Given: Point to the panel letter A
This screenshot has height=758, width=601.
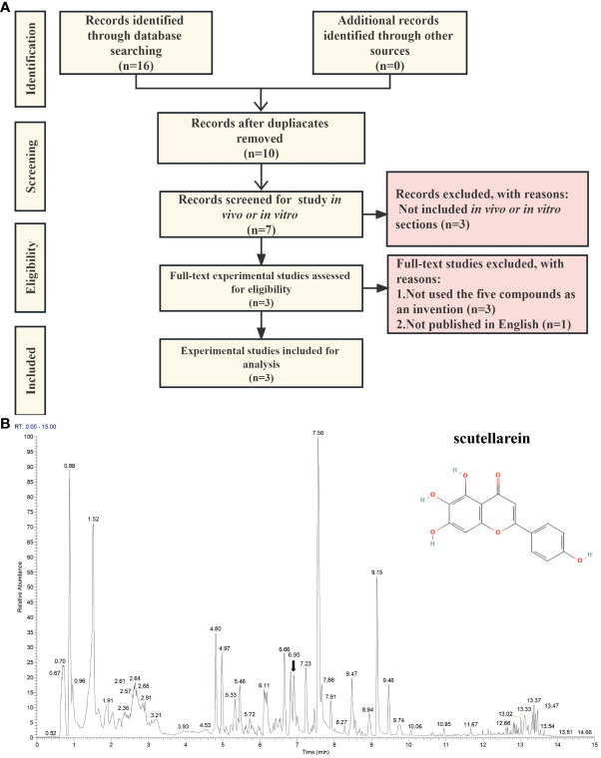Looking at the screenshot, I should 8,8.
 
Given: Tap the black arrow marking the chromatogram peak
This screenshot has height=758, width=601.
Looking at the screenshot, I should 294,665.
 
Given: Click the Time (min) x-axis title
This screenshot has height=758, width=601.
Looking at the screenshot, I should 319,749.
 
